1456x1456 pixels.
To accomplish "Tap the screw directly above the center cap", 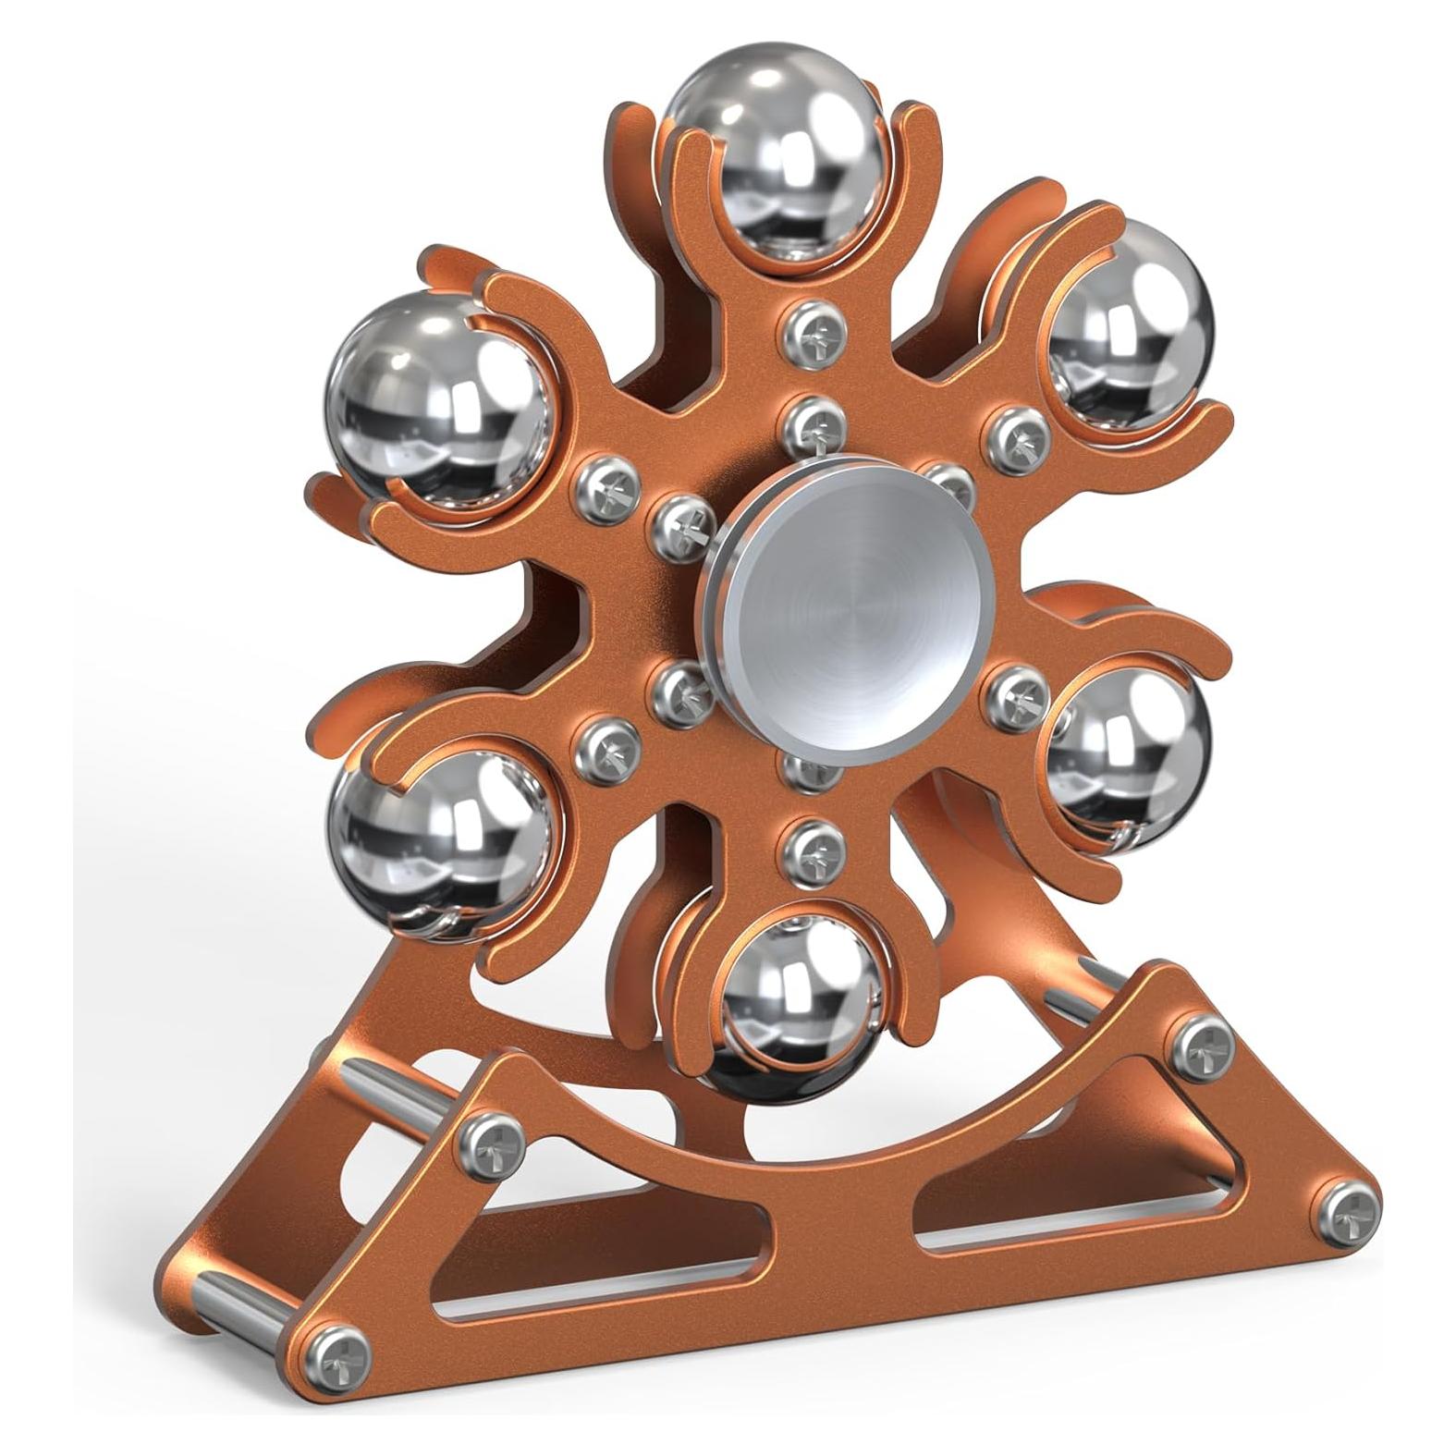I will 811,421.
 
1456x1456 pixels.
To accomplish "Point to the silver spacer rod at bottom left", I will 248,1313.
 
